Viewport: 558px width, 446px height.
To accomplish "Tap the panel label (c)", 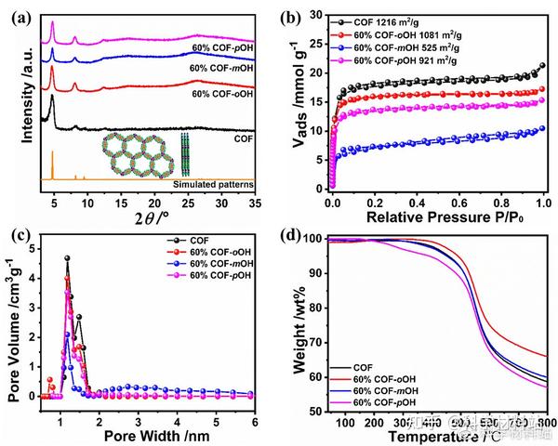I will pos(20,232).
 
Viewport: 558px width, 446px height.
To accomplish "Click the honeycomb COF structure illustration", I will pos(140,157).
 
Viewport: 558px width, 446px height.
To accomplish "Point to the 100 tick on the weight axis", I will pos(314,240).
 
